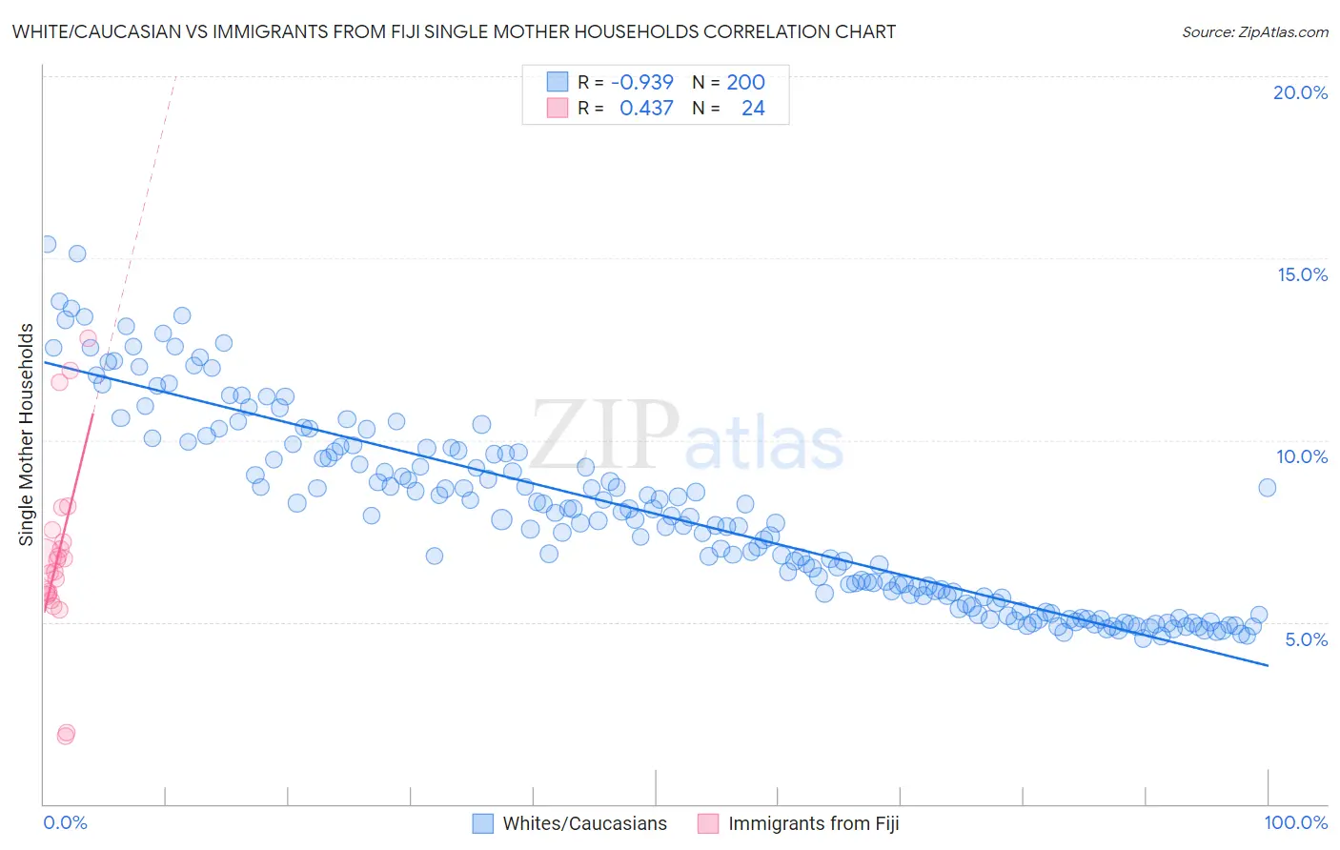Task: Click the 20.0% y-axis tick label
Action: pos(1300,92)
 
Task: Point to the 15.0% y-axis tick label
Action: pos(1302,274)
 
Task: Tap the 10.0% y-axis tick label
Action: pos(1302,456)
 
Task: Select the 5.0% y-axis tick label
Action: pos(1306,639)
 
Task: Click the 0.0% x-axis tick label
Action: pos(65,822)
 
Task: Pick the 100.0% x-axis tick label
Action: pos(1295,822)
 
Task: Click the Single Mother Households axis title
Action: pos(27,435)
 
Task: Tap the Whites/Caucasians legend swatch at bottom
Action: pos(483,823)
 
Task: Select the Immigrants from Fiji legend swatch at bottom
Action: pos(708,823)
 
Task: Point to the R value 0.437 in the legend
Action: pos(646,108)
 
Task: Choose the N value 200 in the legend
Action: pos(745,82)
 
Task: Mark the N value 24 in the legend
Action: pos(753,108)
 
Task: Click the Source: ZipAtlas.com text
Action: pos(1254,31)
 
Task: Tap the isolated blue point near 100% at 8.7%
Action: pos(1267,487)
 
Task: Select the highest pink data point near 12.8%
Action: pos(88,338)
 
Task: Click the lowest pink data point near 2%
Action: pos(65,736)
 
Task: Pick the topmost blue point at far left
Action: pos(47,244)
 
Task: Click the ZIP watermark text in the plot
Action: pos(605,435)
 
